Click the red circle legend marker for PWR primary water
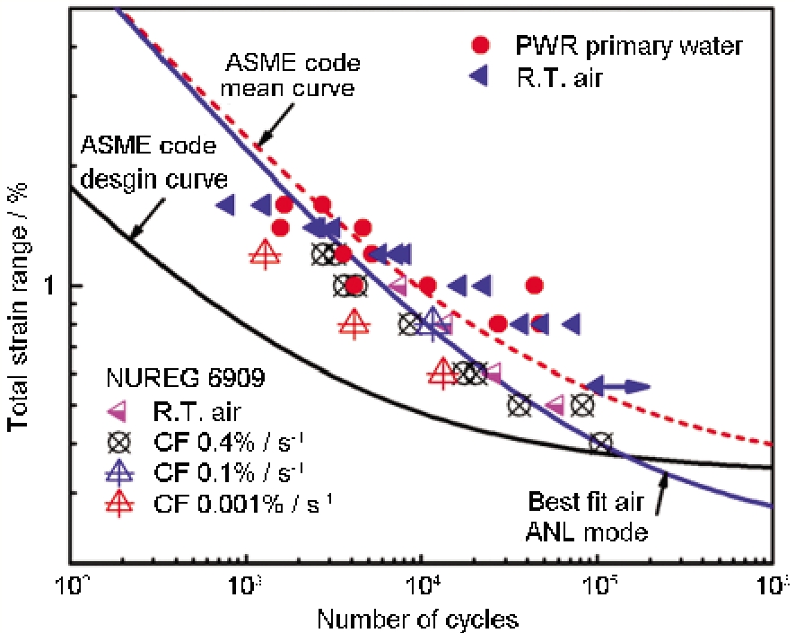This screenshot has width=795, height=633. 482,44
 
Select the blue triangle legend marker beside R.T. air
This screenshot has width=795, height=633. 482,78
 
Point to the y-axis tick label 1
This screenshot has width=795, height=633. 53,286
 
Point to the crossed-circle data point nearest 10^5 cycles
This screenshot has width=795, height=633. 600,442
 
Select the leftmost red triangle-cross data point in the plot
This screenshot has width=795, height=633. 264,254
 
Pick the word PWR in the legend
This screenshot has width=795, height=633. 539,44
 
